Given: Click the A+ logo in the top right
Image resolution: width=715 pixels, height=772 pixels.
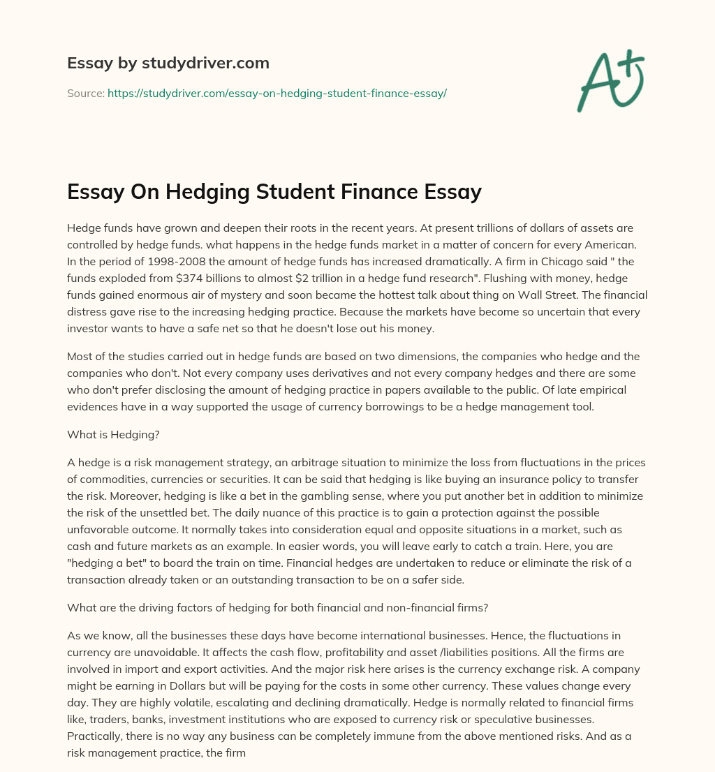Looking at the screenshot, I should (610, 81).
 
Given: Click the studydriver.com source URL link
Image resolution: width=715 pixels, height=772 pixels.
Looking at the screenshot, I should (277, 93).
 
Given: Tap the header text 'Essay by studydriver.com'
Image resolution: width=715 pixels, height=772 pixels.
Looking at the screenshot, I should (168, 64).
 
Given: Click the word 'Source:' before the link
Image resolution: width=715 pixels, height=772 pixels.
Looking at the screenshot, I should (86, 93).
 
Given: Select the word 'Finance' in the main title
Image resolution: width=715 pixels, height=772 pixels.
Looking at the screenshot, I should (369, 191).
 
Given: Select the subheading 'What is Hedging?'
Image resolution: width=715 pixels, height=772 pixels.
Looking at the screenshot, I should (113, 434).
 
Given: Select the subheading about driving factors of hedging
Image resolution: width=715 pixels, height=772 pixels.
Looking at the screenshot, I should (277, 607).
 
